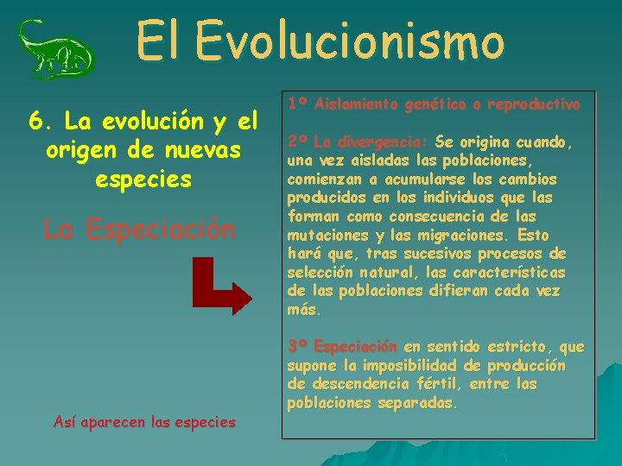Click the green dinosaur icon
(x=56, y=48)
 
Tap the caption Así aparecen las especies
(x=143, y=422)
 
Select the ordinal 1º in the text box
(x=298, y=104)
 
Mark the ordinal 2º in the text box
(x=298, y=142)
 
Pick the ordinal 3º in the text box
(x=298, y=347)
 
